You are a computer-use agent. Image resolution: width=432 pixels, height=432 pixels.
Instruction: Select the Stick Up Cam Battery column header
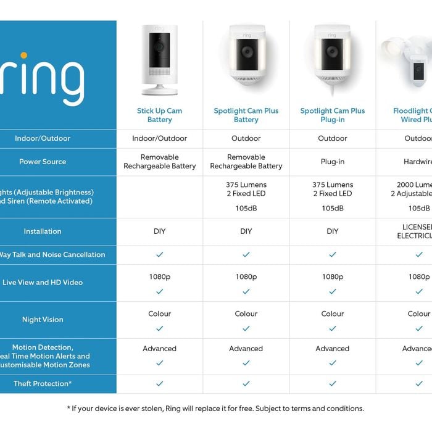(x=159, y=115)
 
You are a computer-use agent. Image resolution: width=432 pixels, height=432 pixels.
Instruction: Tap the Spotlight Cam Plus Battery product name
(x=246, y=115)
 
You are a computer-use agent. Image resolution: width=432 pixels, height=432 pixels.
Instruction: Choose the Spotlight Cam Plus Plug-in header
(x=332, y=115)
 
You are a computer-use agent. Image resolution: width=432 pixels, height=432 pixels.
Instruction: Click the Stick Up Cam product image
(x=159, y=59)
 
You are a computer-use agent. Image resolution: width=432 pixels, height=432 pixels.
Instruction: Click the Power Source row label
(x=43, y=162)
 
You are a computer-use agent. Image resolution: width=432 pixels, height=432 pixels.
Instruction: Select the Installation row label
(x=43, y=231)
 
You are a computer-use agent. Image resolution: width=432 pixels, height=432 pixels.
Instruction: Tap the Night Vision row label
(x=43, y=320)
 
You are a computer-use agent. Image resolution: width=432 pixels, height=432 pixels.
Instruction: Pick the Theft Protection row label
(x=43, y=384)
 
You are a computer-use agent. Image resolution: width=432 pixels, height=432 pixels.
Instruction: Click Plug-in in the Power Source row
(x=332, y=162)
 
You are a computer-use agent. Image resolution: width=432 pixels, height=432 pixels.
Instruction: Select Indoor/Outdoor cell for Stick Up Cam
(x=159, y=139)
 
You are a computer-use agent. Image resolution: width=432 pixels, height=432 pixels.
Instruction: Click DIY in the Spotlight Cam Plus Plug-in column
(x=332, y=231)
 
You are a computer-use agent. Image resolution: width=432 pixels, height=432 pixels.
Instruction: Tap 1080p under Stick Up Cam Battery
(x=159, y=277)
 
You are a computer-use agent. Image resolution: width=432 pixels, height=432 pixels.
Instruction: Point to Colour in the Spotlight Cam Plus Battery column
(x=246, y=314)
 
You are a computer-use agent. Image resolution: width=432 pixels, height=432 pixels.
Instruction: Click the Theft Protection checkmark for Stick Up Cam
(x=159, y=384)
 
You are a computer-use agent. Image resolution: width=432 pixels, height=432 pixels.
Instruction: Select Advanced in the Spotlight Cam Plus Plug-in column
(x=332, y=349)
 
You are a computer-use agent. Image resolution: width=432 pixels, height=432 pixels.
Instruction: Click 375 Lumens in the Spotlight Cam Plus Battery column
(x=246, y=185)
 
